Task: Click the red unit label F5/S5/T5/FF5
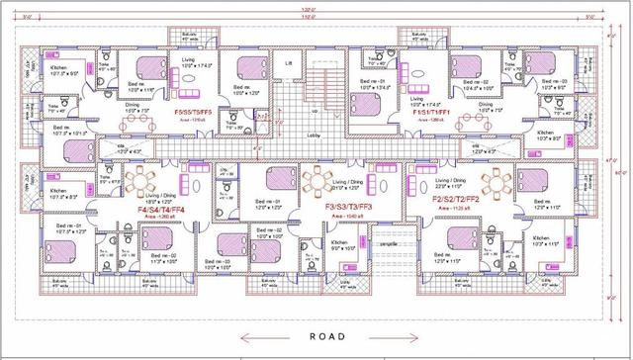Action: tap(193, 113)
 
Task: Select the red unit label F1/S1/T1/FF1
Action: tap(432, 113)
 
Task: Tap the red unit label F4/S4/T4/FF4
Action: tap(168, 210)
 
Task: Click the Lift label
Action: tap(289, 63)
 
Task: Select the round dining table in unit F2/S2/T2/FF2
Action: tap(492, 182)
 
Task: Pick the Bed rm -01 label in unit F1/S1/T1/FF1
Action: tap(371, 81)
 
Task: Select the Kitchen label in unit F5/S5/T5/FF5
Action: tap(56, 186)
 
